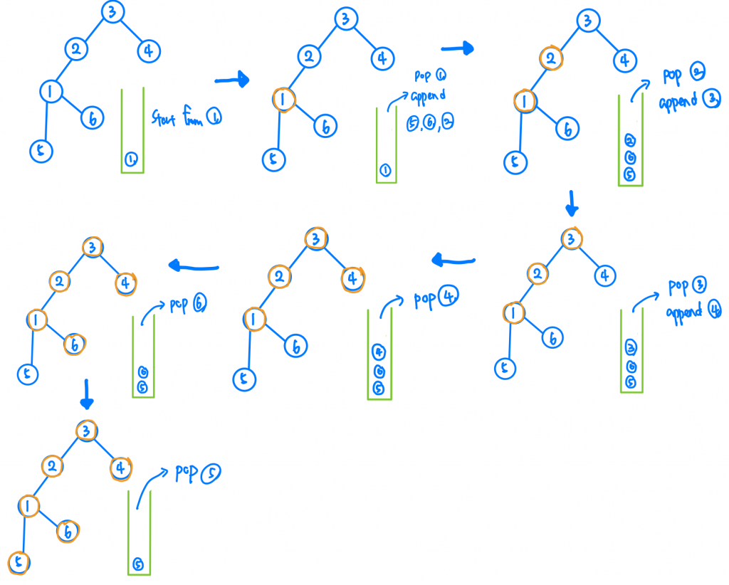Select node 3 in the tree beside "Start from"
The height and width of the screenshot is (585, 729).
coord(112,11)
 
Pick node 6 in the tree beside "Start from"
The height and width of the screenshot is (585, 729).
coord(92,118)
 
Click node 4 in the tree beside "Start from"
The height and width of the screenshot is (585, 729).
coord(149,51)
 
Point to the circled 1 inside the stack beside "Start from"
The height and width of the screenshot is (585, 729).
coord(132,159)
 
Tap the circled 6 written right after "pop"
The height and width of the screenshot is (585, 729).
coord(200,305)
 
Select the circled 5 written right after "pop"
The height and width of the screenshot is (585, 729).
coord(210,473)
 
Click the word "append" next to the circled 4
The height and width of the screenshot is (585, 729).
coord(683,312)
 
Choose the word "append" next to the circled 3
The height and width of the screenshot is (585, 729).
coord(678,102)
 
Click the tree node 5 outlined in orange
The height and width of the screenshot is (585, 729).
coord(19,562)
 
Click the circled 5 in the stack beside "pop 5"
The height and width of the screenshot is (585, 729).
coord(139,564)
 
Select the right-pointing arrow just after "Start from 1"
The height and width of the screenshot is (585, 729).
coord(231,80)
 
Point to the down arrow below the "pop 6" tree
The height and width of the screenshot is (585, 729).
coord(86,394)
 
